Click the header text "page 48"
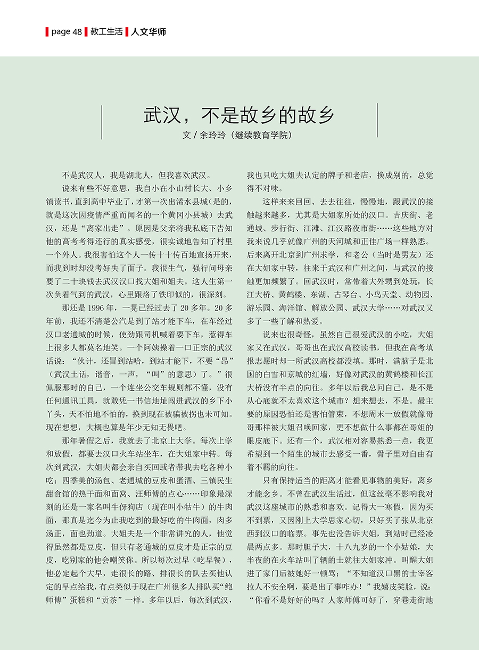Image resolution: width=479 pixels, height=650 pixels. pos(67,32)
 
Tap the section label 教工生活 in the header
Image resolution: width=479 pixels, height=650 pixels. pos(106,32)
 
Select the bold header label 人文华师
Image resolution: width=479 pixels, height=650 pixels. pos(149,32)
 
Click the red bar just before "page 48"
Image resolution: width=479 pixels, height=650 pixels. pos(47,32)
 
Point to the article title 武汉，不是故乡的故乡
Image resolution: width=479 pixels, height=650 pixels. pos(239,115)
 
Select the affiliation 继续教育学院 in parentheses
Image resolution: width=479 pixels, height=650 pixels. pos(261,135)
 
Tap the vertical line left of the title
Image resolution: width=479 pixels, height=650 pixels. pos(102,121)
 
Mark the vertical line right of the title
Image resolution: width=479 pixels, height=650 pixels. pos(377,121)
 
